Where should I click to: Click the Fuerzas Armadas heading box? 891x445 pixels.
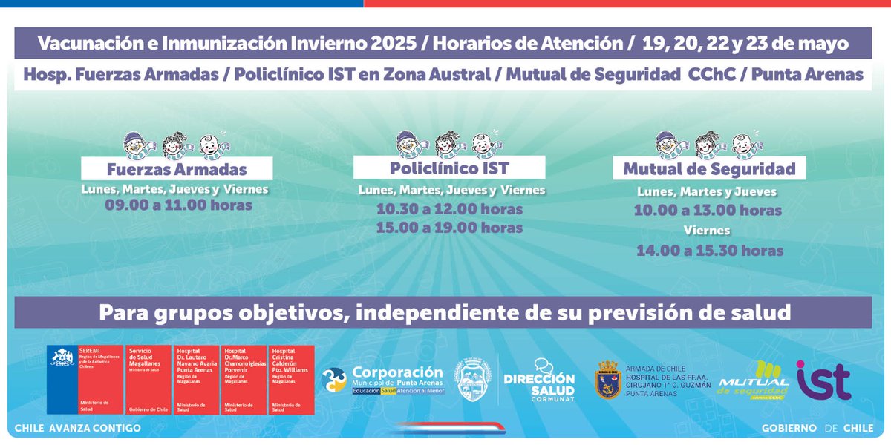click(176, 168)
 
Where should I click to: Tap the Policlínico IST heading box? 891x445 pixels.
click(450, 167)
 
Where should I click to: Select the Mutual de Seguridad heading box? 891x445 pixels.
click(709, 168)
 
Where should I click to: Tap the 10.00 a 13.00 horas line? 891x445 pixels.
click(708, 211)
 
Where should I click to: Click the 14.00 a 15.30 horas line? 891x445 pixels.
click(709, 251)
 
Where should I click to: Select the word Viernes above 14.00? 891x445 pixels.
click(708, 231)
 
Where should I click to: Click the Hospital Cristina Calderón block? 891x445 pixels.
click(292, 379)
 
